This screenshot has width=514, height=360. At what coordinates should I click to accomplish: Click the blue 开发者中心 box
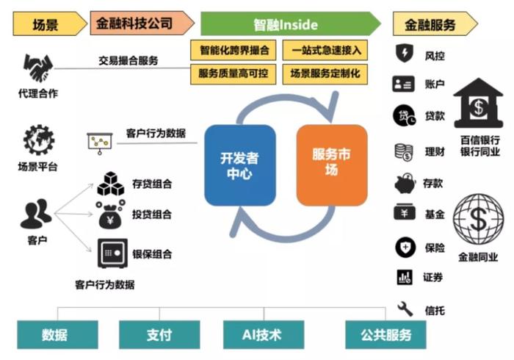240,165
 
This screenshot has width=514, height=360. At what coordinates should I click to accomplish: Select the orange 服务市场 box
332,165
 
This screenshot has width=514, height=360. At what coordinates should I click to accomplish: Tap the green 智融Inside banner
291,24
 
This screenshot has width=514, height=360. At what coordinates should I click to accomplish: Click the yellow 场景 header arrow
50,24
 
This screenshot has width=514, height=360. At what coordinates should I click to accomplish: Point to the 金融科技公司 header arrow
142,23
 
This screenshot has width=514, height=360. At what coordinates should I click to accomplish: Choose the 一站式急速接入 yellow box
325,50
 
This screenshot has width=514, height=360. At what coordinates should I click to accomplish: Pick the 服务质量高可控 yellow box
233,74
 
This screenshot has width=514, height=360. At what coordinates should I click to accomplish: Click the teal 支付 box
159,335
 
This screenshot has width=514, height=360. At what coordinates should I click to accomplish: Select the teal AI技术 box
264,335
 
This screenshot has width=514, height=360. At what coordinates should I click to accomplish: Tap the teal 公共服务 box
385,335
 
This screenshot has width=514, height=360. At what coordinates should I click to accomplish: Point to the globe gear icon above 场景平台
39,140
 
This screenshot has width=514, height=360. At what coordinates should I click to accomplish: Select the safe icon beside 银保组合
112,253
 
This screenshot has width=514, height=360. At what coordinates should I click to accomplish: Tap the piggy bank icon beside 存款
405,183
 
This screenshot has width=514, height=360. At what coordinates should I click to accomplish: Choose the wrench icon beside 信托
405,309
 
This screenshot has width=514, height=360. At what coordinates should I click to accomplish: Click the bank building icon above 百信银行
478,103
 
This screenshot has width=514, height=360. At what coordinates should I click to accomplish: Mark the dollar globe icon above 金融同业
478,220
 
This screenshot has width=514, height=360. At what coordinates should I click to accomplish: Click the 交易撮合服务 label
128,61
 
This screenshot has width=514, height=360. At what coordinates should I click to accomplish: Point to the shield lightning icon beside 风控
405,53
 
